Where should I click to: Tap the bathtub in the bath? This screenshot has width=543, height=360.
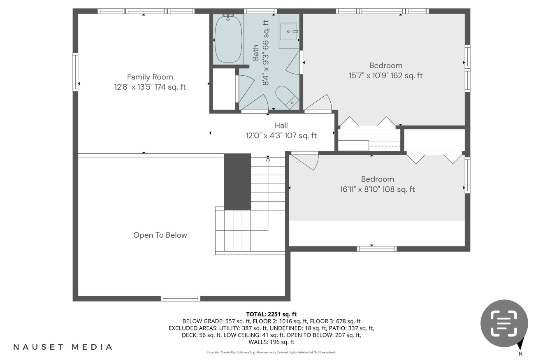[228, 39]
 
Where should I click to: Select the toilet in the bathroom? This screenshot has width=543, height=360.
[286, 97]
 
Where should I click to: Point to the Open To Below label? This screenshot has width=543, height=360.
[160, 235]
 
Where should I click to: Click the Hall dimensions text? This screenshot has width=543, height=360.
[281, 135]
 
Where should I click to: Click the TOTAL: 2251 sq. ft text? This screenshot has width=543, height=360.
[271, 314]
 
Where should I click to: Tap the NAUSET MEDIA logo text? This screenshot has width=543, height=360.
[63, 347]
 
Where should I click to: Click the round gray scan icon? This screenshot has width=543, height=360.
[504, 323]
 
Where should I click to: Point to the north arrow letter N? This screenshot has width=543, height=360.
[520, 354]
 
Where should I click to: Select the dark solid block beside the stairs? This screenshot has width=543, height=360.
[237, 181]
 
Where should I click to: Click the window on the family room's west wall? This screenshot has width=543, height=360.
[75, 72]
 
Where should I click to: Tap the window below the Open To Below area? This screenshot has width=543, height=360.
[180, 299]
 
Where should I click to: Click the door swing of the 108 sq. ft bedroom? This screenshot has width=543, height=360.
[305, 162]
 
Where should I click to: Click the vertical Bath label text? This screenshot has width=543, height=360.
[256, 53]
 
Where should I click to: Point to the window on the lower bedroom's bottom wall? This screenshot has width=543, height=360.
[376, 249]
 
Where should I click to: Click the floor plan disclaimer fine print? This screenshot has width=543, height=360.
[271, 352]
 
